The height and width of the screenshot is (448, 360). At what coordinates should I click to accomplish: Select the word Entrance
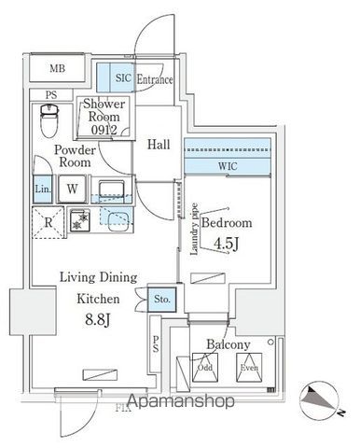click(x=156, y=80)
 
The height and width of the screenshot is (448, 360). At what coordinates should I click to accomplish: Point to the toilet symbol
click(x=51, y=119)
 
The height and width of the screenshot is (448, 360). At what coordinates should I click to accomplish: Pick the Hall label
click(x=159, y=145)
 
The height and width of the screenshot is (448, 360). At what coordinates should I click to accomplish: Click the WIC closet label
click(x=227, y=165)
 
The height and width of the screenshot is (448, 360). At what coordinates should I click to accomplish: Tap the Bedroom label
click(x=228, y=224)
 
